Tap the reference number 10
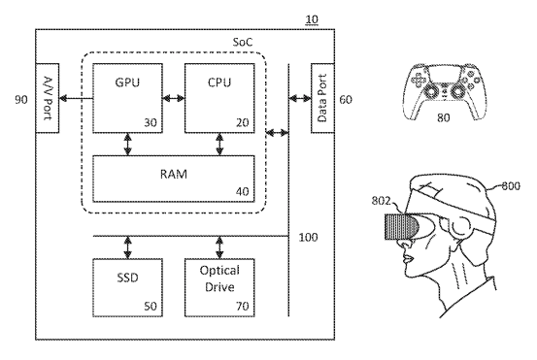point(311,19)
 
